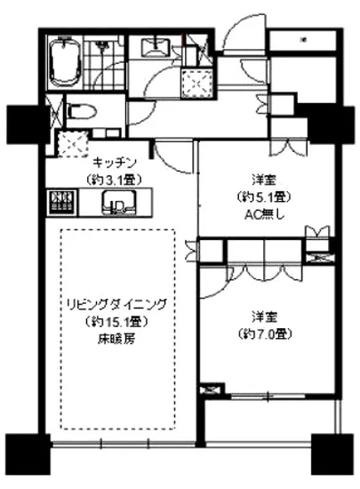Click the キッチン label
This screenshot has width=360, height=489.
pos(112,164)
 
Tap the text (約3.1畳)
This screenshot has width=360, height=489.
pos(112,178)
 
